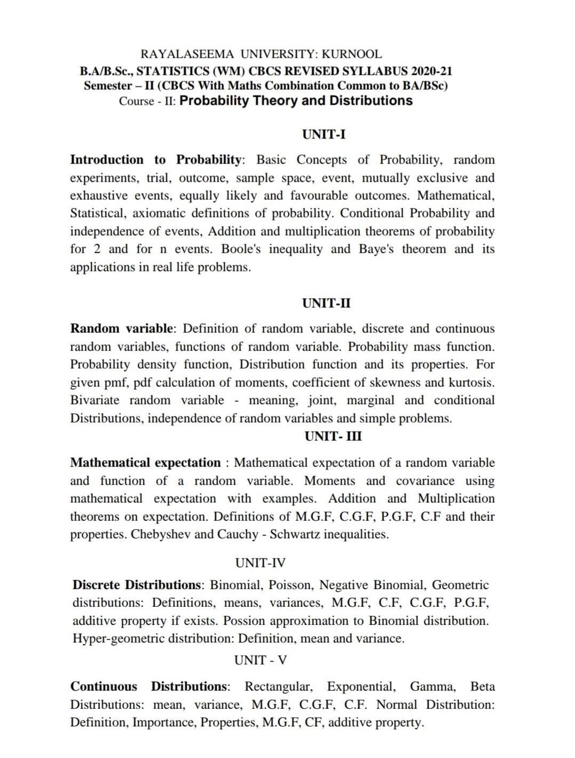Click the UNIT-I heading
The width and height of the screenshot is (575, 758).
324,134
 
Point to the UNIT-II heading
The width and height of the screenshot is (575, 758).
326,303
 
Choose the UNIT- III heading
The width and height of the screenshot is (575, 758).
333,436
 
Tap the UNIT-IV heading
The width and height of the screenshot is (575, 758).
260,563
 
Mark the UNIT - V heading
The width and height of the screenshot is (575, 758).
260,660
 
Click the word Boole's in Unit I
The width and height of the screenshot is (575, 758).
241,249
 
